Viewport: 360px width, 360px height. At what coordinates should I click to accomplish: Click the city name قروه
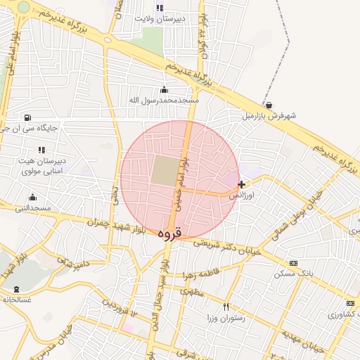(x=169, y=233)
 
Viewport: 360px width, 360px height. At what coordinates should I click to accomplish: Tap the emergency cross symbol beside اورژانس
(x=242, y=184)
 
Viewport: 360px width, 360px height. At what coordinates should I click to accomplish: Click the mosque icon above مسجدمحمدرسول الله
(x=165, y=89)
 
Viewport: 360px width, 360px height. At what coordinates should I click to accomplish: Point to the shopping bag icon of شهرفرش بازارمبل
(x=269, y=105)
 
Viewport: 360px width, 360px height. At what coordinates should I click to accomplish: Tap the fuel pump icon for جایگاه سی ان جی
(x=27, y=117)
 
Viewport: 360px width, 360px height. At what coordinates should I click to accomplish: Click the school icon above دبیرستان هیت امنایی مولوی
(x=41, y=150)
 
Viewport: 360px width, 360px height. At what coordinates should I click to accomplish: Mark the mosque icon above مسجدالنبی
(x=32, y=197)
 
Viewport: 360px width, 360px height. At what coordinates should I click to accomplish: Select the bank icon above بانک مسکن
(x=293, y=262)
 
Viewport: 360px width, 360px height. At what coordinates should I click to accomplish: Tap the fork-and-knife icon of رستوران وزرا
(x=226, y=307)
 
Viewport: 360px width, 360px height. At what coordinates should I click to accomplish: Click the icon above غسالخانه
(x=16, y=289)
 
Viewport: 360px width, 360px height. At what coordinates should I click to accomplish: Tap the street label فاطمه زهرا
(x=202, y=274)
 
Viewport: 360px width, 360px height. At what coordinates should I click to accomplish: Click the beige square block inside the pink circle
(x=165, y=171)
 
